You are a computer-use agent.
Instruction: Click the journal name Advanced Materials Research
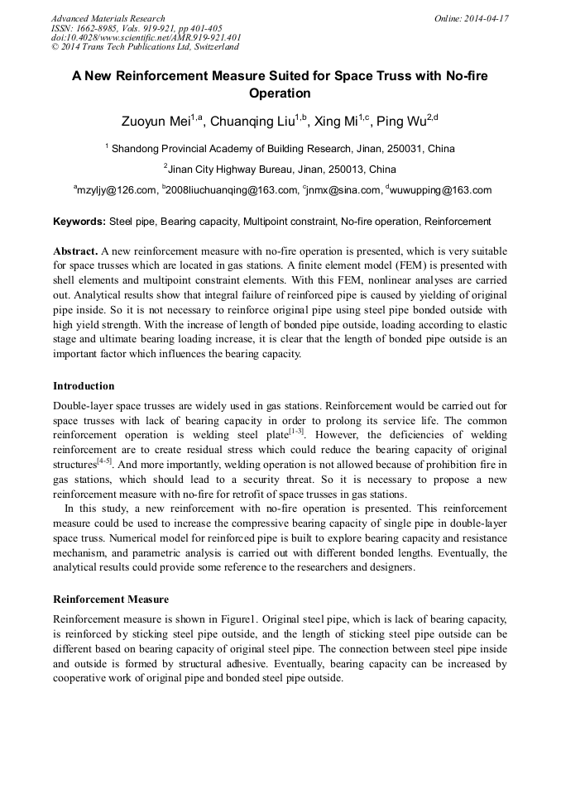pos(108,18)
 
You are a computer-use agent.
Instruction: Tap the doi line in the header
pos(146,38)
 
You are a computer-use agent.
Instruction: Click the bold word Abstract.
pos(75,251)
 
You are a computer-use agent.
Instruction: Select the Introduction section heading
pos(84,386)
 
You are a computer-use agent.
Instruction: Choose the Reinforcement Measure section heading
pos(111,600)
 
